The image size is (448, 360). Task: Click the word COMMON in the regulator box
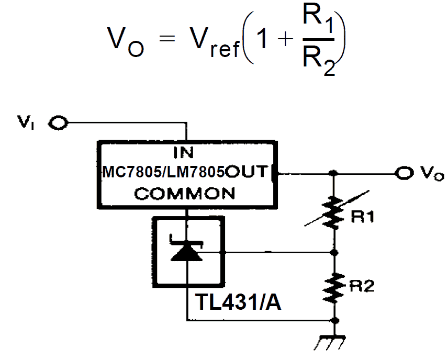(184, 194)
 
